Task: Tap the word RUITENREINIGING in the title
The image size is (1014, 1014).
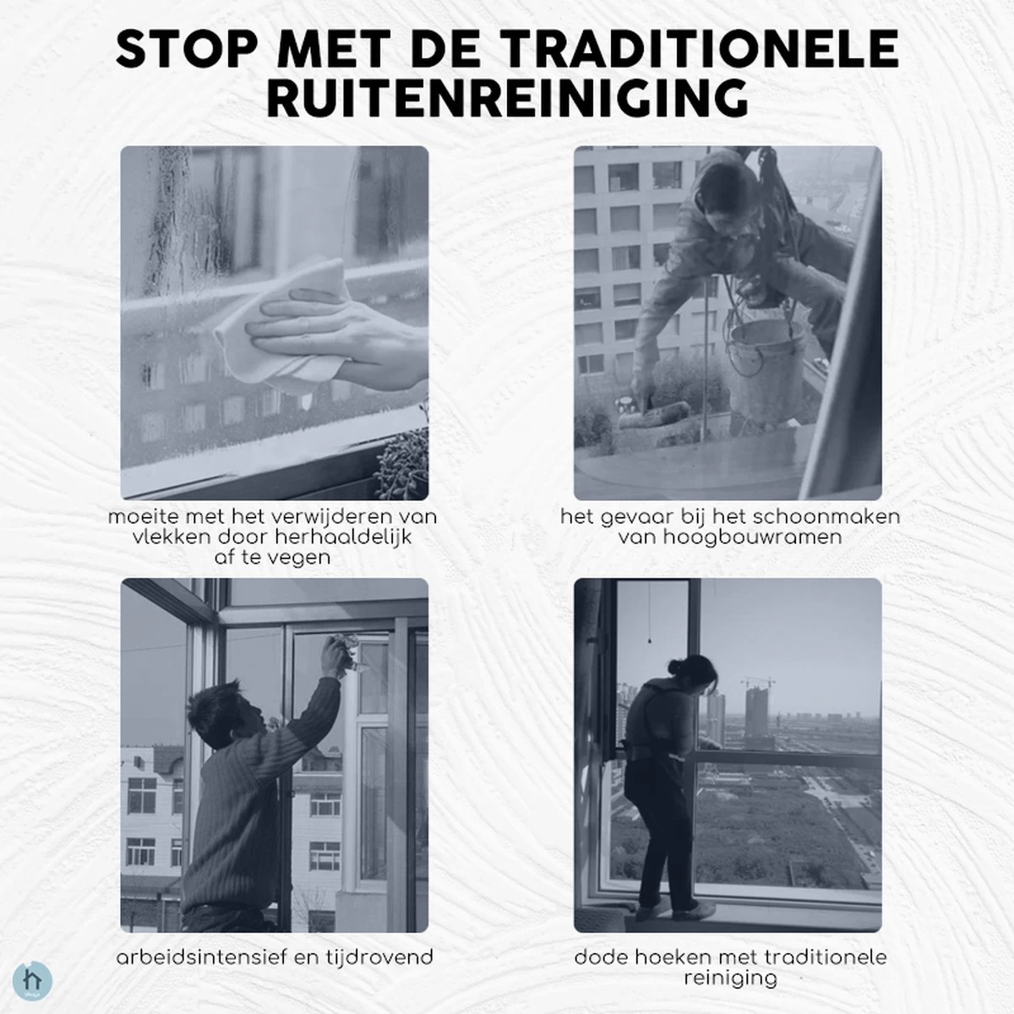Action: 507,99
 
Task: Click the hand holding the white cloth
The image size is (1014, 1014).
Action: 337,342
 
